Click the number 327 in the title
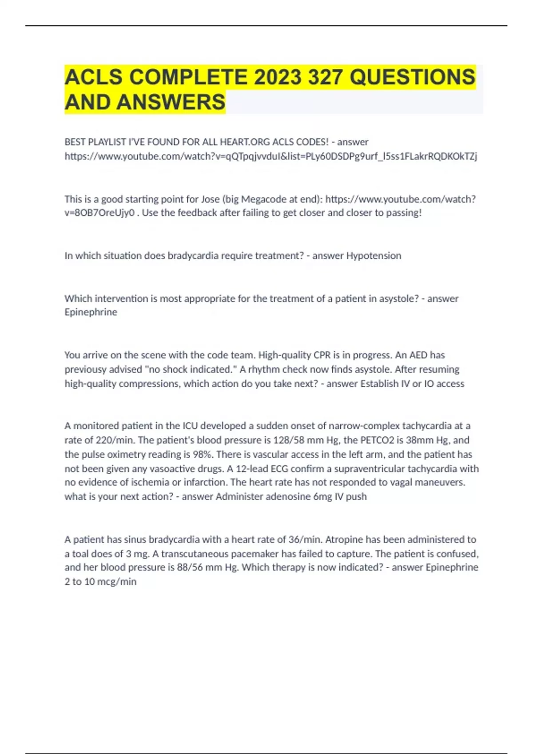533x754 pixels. pos(325,77)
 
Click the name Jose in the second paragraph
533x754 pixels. pos(211,199)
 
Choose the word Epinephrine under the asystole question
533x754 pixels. pos(91,312)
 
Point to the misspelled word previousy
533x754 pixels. pos(86,369)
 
